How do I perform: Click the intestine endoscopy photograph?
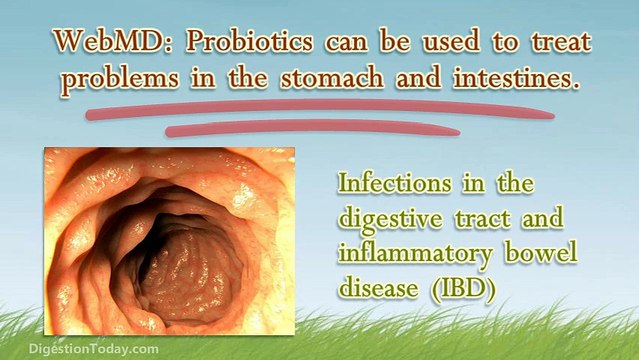(169, 240)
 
